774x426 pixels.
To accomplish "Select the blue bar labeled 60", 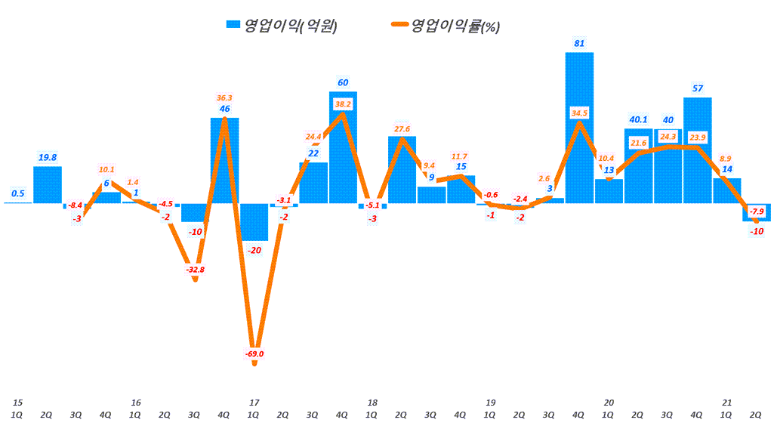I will coord(343,147).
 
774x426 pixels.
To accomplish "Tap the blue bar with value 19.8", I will coord(48,184).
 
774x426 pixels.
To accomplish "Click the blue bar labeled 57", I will coord(697,150).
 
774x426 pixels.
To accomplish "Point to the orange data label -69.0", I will coord(254,353).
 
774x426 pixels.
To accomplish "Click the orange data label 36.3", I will coord(224,97).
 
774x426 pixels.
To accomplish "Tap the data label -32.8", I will coord(195,269).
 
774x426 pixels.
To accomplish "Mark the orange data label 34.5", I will coord(579,113).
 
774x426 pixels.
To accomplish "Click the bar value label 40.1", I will coord(638,119).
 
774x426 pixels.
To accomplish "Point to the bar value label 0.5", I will coord(18,193).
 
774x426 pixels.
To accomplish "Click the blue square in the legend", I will coord(233,26).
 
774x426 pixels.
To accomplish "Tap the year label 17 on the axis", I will coord(254,403).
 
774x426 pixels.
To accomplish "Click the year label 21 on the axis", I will coord(727,403).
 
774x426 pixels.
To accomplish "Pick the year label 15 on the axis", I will coord(18,403).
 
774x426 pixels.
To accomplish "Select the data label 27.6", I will coord(402,129).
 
